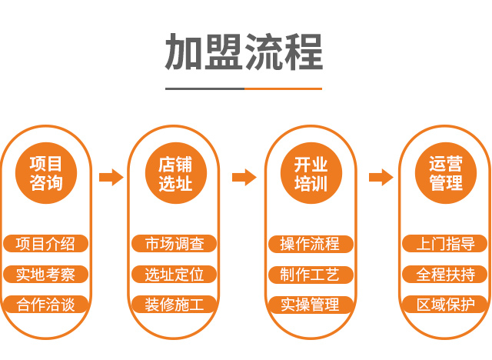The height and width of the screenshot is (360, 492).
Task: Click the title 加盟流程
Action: click(x=244, y=52)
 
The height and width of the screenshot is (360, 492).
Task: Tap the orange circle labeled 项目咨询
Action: click(x=45, y=174)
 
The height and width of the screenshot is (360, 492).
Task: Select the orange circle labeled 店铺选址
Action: click(x=175, y=174)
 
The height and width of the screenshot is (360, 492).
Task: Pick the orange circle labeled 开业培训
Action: click(x=311, y=174)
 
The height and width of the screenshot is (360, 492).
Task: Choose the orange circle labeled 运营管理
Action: click(x=445, y=174)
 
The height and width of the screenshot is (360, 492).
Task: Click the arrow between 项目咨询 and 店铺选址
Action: click(x=111, y=178)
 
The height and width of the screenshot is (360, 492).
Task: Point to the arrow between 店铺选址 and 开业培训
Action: click(x=244, y=178)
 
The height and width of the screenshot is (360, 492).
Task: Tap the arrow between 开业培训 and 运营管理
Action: click(x=381, y=178)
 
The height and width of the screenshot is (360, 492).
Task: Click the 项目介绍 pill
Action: click(x=45, y=245)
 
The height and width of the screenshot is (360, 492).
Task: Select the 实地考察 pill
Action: click(x=45, y=275)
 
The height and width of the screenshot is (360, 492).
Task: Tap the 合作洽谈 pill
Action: click(x=45, y=305)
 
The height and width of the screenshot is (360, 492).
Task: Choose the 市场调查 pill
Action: click(x=175, y=245)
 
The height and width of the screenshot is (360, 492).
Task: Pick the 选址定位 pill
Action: click(x=175, y=275)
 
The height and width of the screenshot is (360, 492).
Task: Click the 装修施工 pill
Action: click(x=175, y=305)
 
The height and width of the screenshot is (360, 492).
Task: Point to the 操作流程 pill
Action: click(x=311, y=245)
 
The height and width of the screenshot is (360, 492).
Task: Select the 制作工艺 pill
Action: click(x=311, y=275)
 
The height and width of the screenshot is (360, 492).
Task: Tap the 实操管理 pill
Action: click(x=311, y=305)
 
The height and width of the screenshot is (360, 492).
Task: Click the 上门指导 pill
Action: click(x=445, y=245)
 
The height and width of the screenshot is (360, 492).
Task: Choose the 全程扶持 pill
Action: click(x=445, y=275)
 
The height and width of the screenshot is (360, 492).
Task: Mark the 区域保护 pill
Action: click(x=445, y=305)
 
